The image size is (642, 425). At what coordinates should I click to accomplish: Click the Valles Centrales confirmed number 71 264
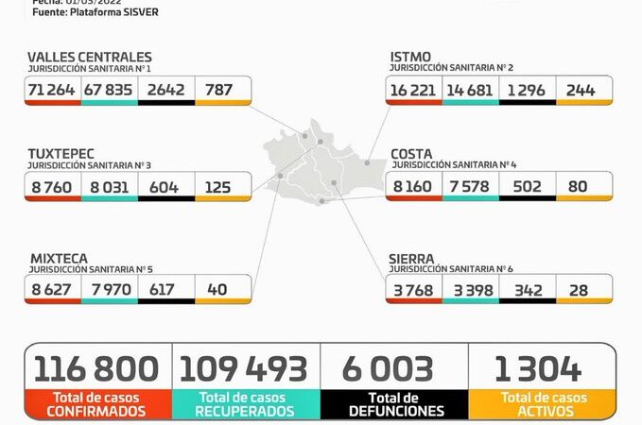53,90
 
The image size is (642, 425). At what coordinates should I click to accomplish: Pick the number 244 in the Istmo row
582,89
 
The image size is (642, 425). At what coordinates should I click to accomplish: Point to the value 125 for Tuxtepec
217,186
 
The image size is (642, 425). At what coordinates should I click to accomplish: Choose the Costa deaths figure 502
527,186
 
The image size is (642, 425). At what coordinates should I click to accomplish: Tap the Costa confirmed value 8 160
414,186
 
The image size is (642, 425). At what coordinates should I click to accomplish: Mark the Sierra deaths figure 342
527,289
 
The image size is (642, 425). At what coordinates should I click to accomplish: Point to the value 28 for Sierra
582,289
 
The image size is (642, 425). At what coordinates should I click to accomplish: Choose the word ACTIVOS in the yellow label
542,411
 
